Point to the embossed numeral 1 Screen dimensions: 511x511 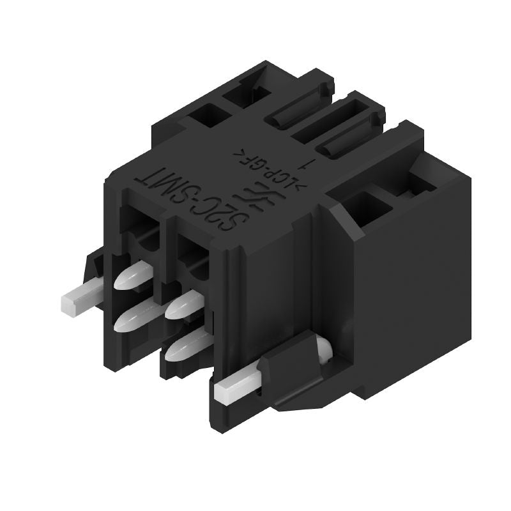[x=309, y=165]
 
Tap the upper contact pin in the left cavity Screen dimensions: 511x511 [x=134, y=278]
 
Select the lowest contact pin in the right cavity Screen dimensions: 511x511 [x=182, y=348]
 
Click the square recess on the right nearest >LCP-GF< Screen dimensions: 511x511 [x=370, y=208]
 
